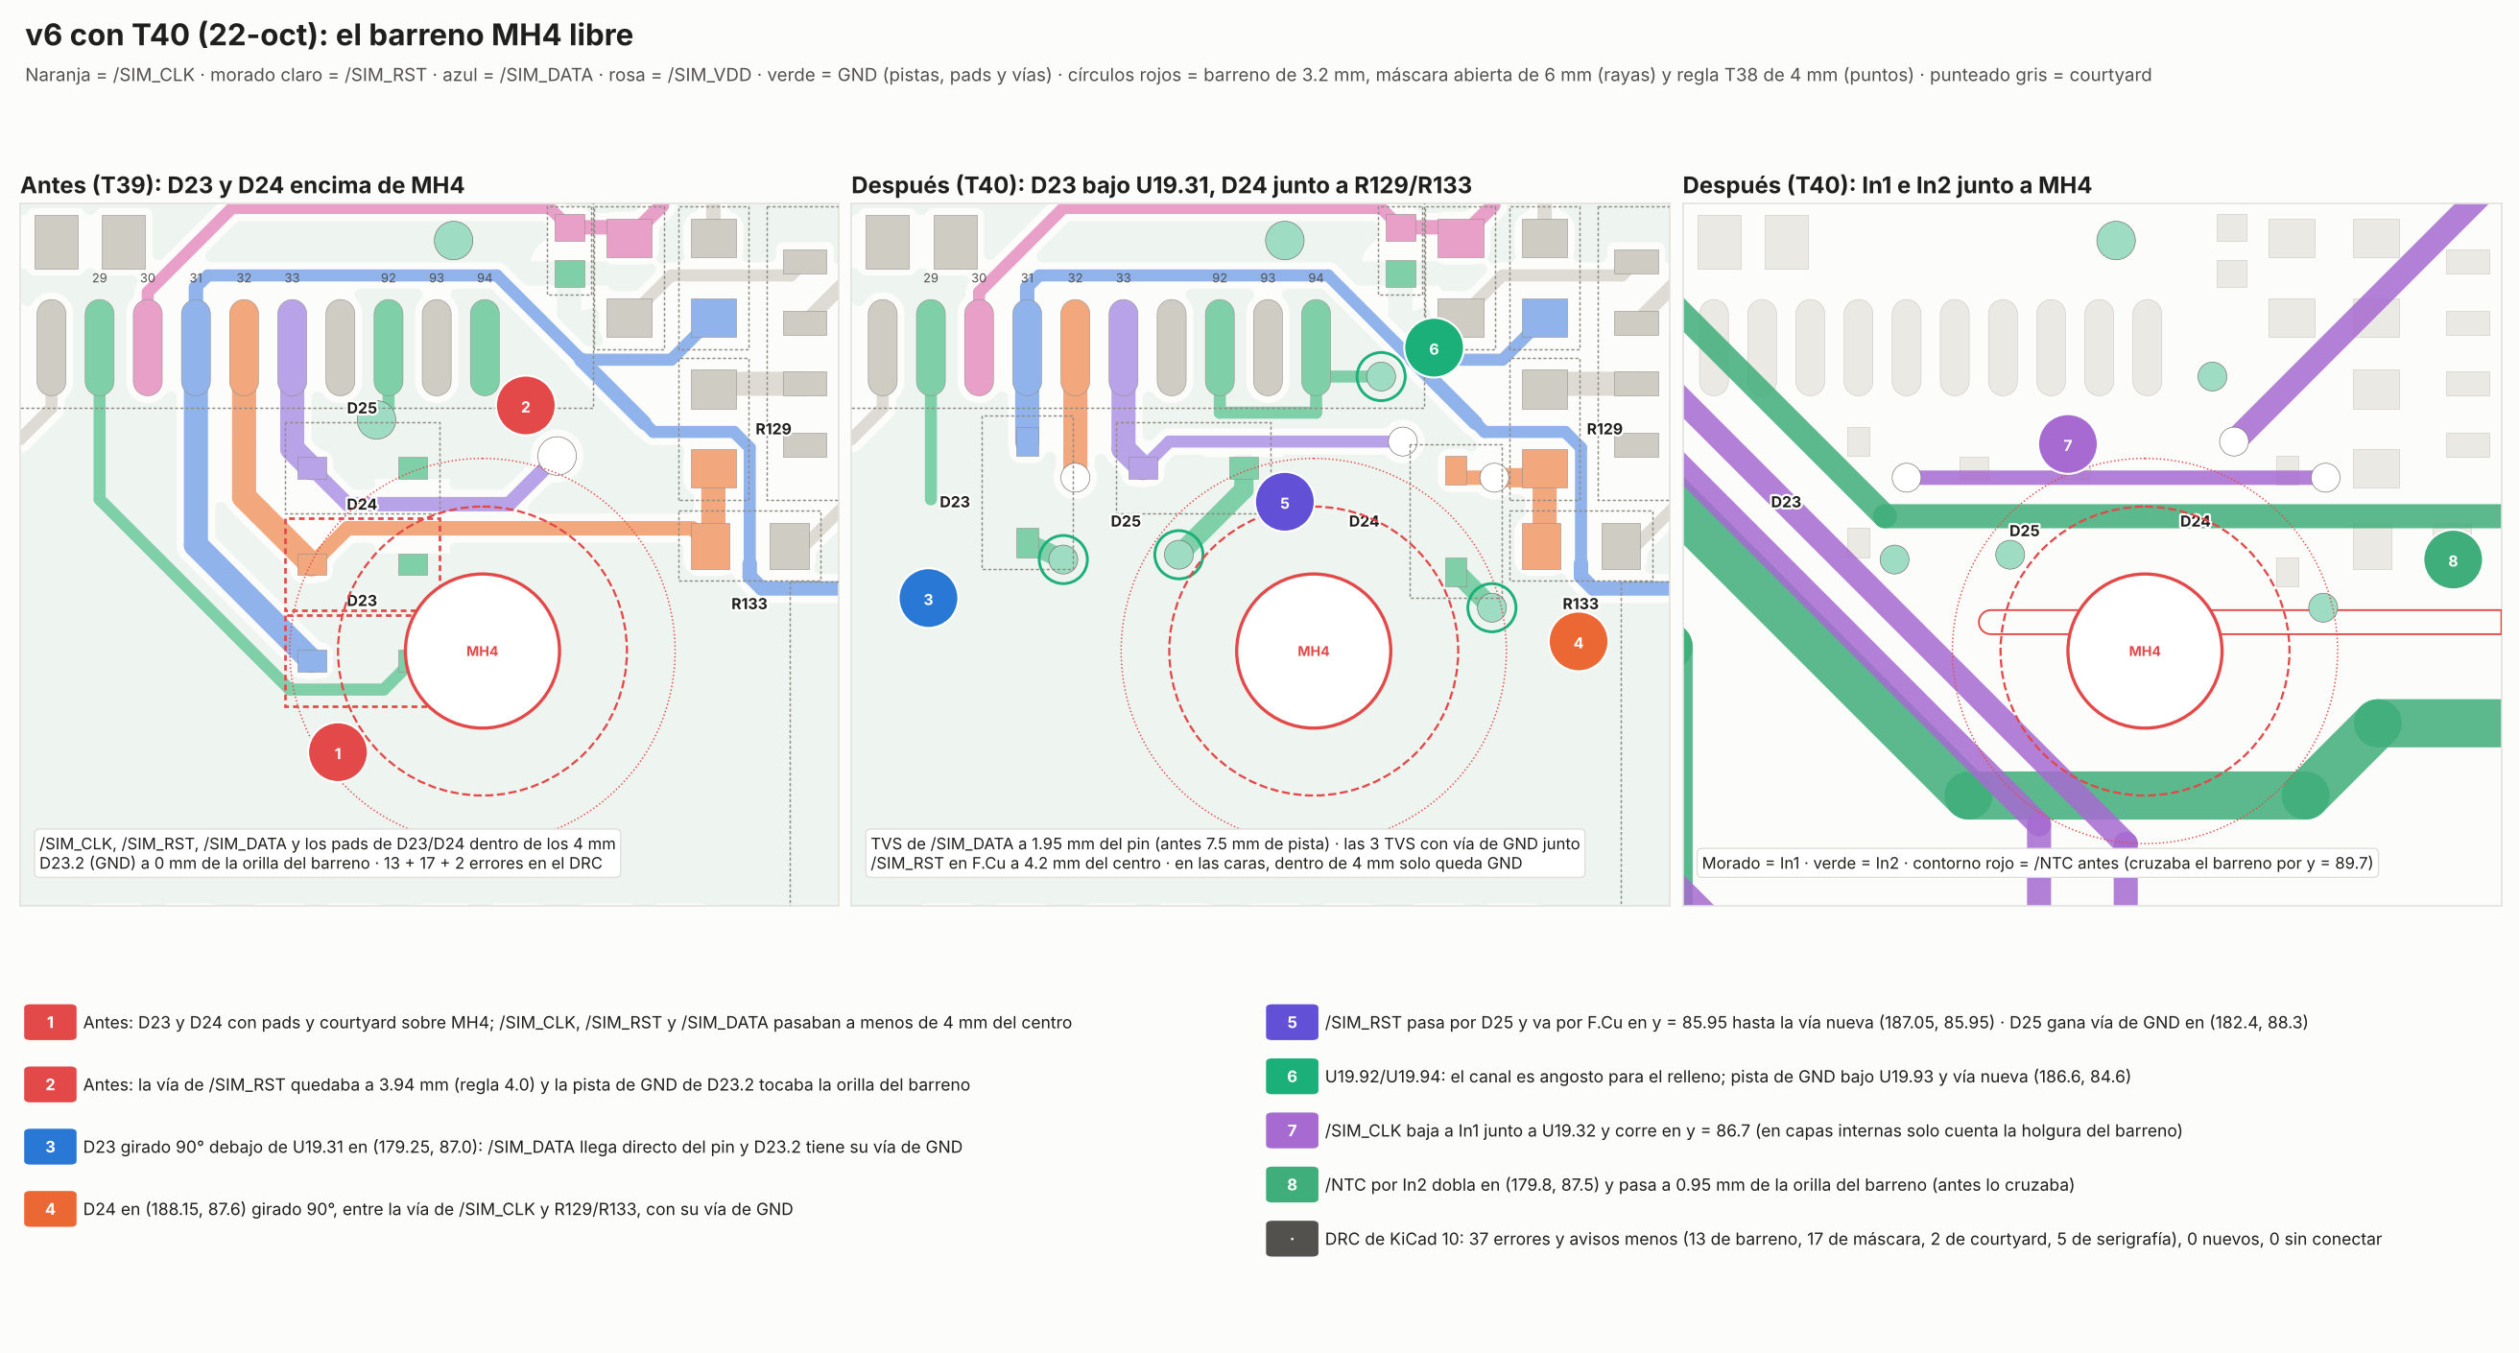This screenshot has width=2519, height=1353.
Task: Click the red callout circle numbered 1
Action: coord(338,752)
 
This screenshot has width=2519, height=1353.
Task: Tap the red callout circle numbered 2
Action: coord(525,407)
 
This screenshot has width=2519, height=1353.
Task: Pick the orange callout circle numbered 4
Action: coord(1578,642)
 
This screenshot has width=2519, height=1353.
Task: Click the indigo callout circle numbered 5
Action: coord(1284,503)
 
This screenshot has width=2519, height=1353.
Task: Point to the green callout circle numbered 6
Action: coord(1434,349)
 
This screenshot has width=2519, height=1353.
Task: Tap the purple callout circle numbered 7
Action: coord(2067,445)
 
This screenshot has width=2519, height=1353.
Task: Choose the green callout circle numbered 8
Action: coord(2453,560)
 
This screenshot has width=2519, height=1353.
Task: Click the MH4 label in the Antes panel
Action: coord(482,652)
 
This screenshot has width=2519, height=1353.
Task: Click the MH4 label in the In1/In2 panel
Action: coord(2145,652)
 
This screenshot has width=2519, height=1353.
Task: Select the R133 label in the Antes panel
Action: coord(749,605)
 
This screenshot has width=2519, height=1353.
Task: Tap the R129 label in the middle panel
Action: coord(1604,429)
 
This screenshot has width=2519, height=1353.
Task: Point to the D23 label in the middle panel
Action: coord(955,503)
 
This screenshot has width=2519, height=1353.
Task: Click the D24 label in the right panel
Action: coord(2195,521)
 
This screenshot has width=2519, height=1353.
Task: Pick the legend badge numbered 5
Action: coord(1292,1022)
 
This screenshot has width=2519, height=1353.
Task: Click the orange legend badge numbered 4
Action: coord(50,1208)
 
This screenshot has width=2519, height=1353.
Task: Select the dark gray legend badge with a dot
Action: coord(1292,1239)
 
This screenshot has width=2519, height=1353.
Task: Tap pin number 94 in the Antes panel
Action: coord(484,277)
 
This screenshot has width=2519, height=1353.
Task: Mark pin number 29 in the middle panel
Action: coord(930,277)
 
